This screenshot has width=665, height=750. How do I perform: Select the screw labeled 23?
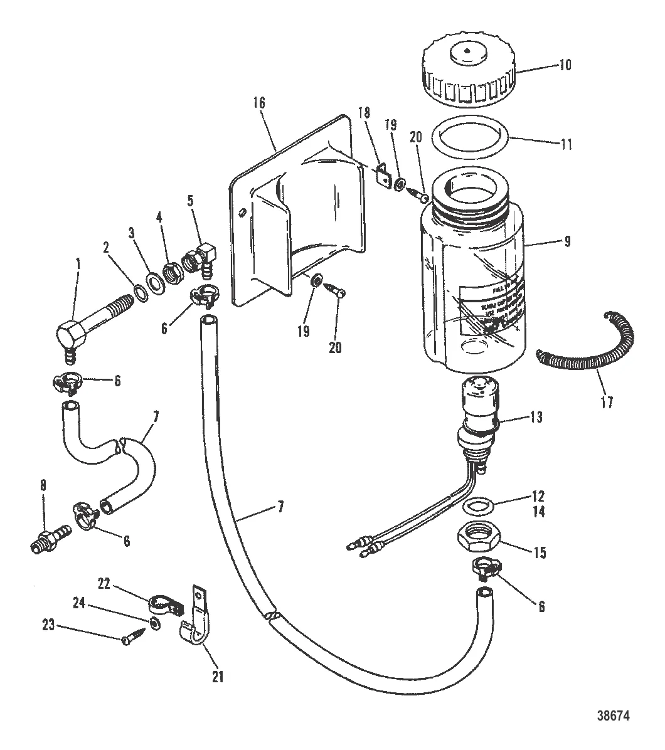pos(132,638)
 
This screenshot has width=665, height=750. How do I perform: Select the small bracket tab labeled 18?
pos(380,176)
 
